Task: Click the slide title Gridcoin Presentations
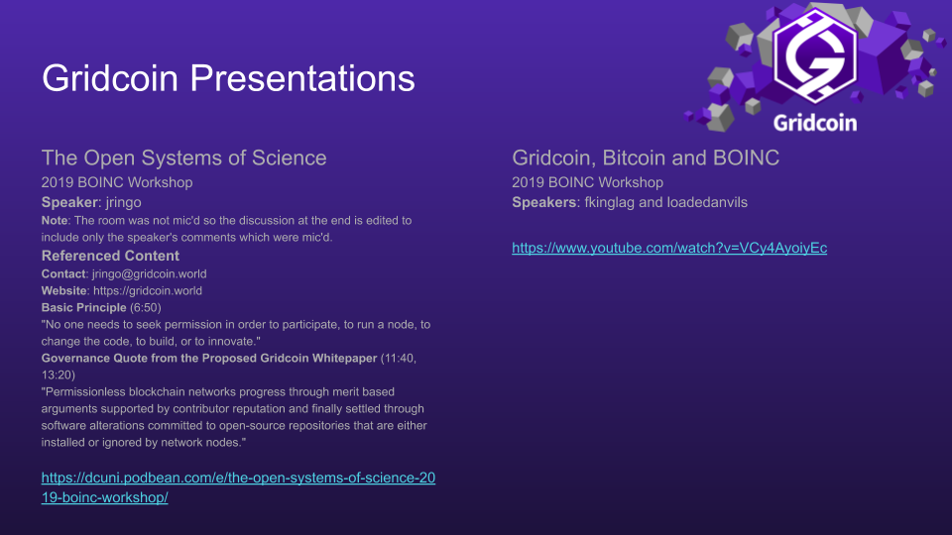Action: [x=228, y=79]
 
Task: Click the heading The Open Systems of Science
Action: [x=184, y=158]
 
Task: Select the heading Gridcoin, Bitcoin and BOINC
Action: [x=646, y=158]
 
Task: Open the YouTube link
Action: [x=669, y=248]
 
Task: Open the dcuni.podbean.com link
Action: [x=238, y=487]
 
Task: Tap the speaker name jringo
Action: [x=123, y=202]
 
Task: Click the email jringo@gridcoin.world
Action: [x=150, y=274]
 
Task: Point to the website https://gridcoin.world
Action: [x=148, y=291]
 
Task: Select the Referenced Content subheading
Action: [x=110, y=256]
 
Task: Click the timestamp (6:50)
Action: [x=145, y=307]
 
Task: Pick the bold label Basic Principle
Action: [x=83, y=307]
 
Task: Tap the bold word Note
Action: [x=55, y=221]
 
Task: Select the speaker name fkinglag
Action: [x=610, y=202]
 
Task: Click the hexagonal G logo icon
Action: [x=814, y=55]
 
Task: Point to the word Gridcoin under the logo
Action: [x=815, y=123]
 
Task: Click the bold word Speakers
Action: [x=544, y=202]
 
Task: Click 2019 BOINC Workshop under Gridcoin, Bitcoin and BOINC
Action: [x=587, y=182]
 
